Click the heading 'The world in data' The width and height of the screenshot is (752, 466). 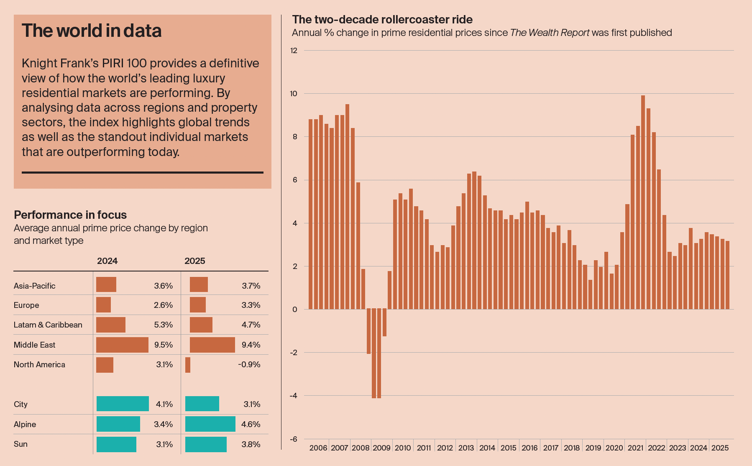pos(92,31)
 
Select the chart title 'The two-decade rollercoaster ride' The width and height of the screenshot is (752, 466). pos(382,20)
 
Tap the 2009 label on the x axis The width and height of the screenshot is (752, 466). pos(381,448)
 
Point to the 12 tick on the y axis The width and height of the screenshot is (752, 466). pos(294,51)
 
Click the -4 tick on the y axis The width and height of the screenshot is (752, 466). pos(294,396)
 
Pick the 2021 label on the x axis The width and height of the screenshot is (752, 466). pos(635,448)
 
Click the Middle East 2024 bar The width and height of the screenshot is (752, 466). pos(122,345)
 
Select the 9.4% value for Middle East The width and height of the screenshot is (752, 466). pos(251,345)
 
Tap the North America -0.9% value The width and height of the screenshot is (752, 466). pos(249,364)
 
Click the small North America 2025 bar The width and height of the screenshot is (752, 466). pos(188,365)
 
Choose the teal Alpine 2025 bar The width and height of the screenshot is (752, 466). pos(210,424)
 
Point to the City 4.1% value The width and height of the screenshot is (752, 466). pos(164,404)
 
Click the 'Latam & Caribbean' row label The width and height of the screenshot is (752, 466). pos(48,325)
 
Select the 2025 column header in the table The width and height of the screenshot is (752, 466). pos(194,261)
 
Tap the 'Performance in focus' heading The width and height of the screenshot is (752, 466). pos(70,215)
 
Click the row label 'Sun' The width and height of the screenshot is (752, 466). pos(20,444)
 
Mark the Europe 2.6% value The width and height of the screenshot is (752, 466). pos(163,305)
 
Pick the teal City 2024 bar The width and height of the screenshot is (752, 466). pos(123,404)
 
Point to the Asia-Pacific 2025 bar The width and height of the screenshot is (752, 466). pos(199,284)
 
